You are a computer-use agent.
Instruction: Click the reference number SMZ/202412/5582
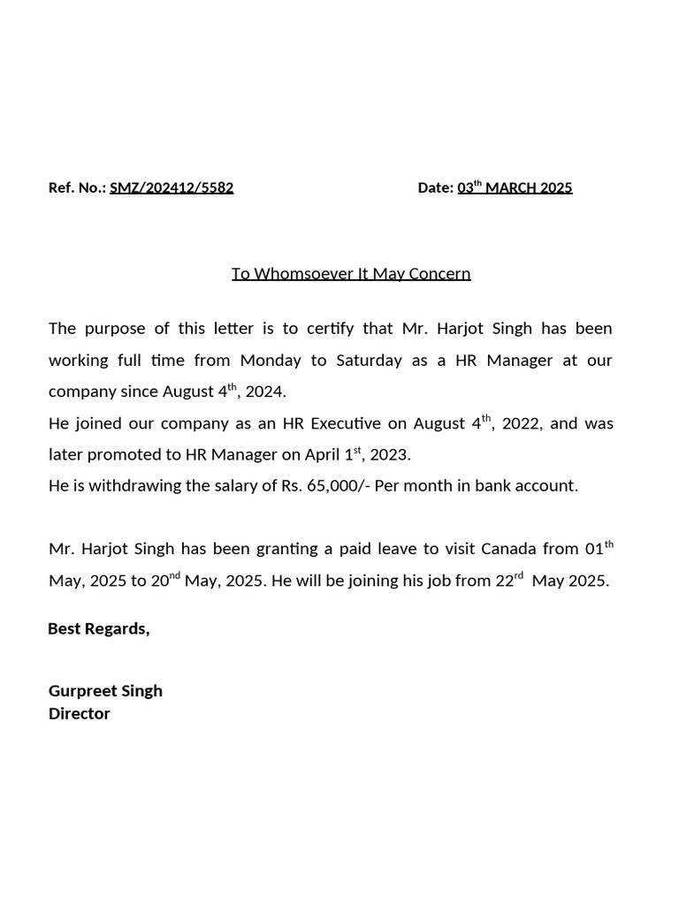pyautogui.click(x=172, y=187)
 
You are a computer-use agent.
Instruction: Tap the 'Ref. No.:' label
pyautogui.click(x=77, y=187)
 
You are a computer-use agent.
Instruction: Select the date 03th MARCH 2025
pyautogui.click(x=515, y=187)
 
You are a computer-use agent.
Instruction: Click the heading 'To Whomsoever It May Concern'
pyautogui.click(x=351, y=273)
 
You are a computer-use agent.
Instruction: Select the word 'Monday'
pyautogui.click(x=271, y=361)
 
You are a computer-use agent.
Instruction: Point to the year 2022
pyautogui.click(x=521, y=423)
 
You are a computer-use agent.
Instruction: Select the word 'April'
pyautogui.click(x=324, y=455)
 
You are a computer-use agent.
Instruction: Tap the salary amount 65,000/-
pyautogui.click(x=338, y=486)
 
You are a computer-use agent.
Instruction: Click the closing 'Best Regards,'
pyautogui.click(x=98, y=628)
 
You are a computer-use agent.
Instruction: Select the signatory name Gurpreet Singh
pyautogui.click(x=105, y=690)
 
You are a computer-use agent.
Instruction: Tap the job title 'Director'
pyautogui.click(x=80, y=713)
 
